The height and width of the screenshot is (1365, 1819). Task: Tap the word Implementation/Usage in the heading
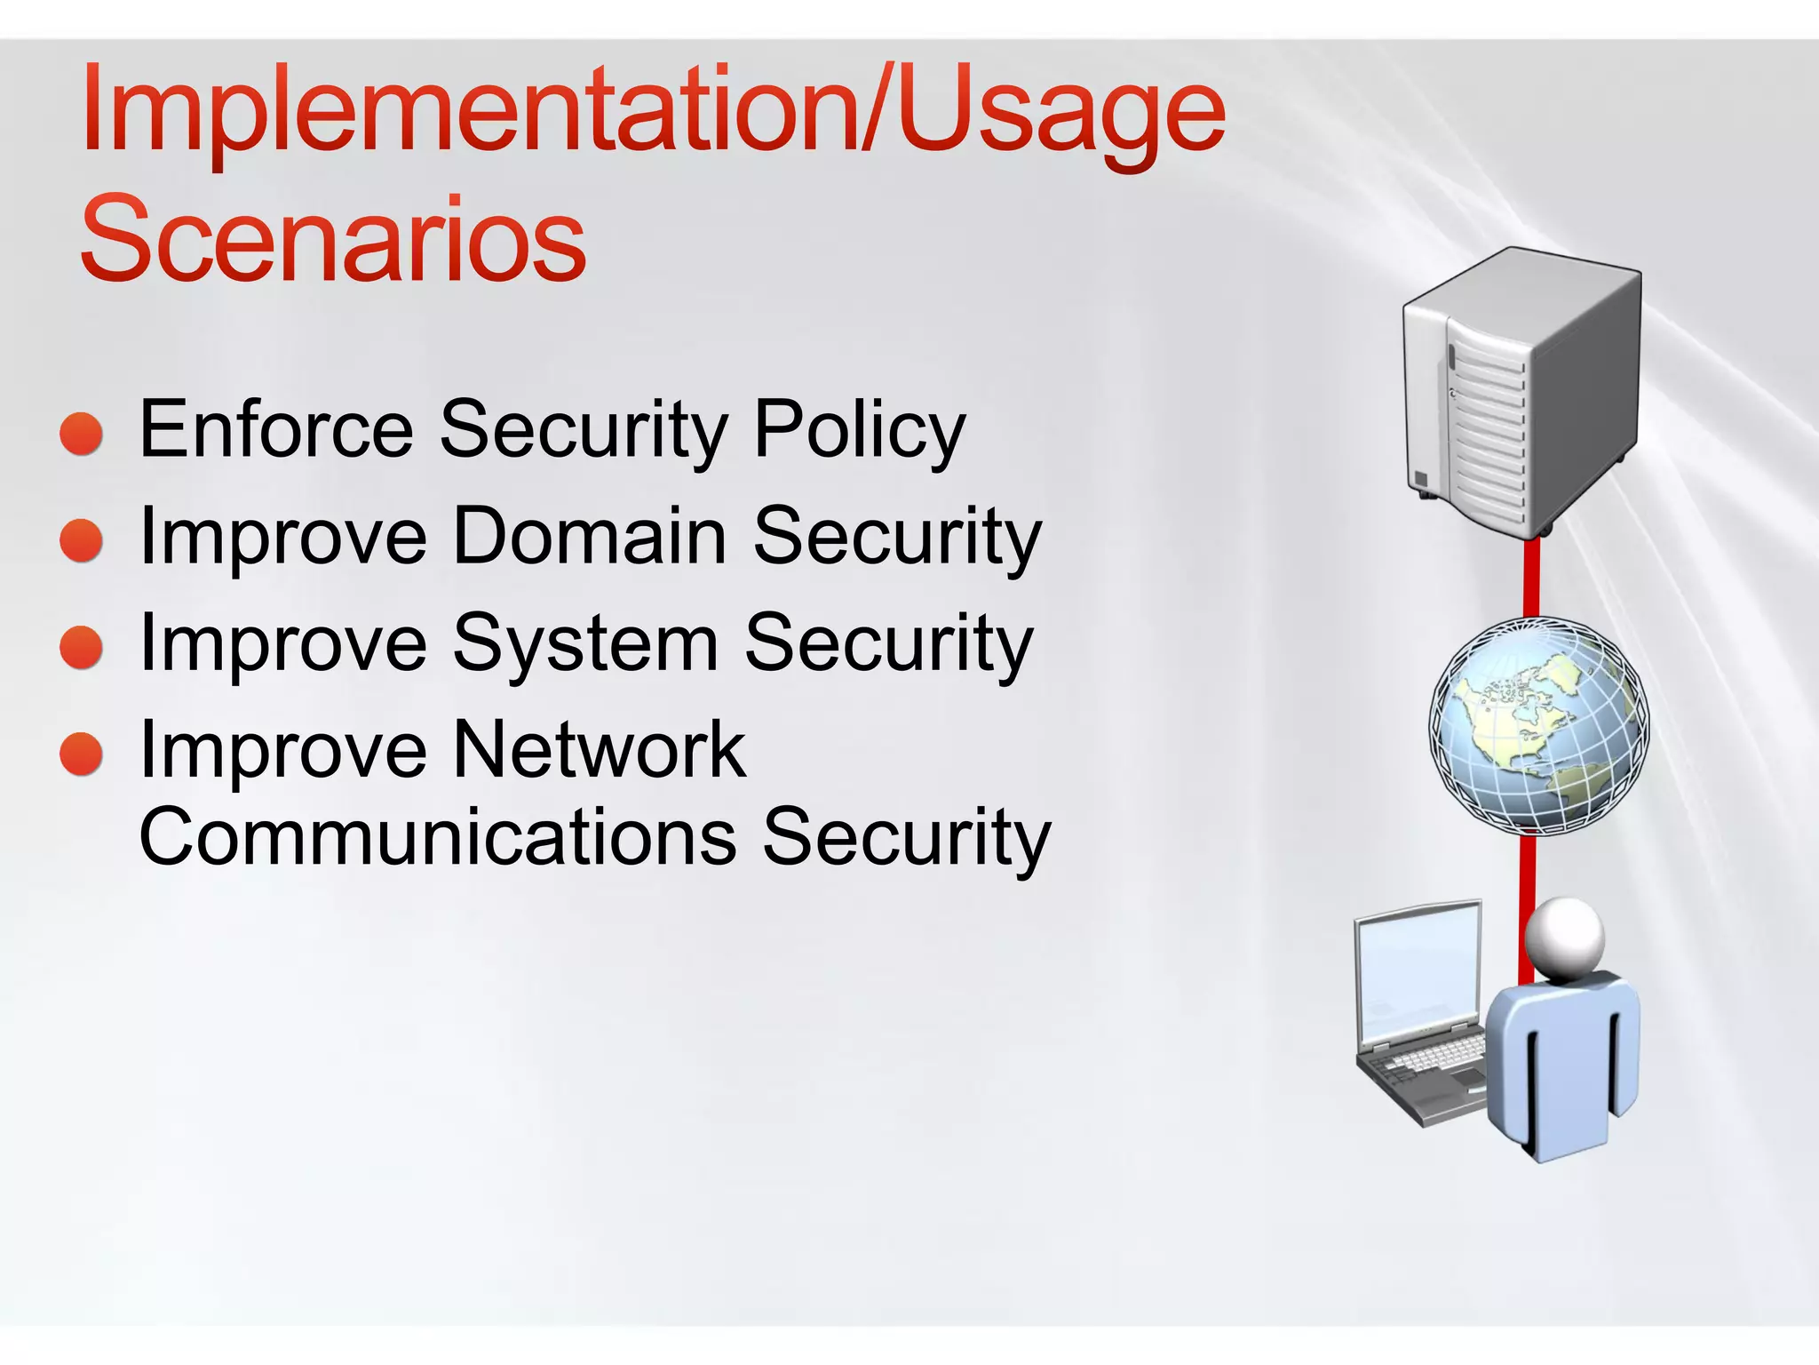(653, 116)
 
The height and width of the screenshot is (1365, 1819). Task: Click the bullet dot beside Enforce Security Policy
(82, 434)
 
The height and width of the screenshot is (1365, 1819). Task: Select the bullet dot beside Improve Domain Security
(82, 540)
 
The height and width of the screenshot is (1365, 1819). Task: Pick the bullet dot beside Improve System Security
(82, 647)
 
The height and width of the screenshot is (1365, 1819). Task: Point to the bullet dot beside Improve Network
(82, 754)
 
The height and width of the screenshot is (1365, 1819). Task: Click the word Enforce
(276, 430)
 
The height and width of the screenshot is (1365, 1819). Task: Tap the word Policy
(859, 432)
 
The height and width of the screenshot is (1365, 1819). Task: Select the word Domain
(590, 537)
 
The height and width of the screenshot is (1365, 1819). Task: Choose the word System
(585, 645)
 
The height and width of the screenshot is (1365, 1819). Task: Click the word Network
(600, 751)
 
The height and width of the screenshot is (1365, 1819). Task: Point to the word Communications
(438, 837)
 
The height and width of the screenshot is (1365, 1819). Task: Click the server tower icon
(1521, 391)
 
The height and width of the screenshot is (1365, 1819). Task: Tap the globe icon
(1538, 726)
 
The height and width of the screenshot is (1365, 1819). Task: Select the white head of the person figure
(1565, 938)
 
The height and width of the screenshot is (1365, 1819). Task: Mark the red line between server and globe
(1531, 578)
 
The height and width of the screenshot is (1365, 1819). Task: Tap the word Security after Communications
(906, 837)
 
